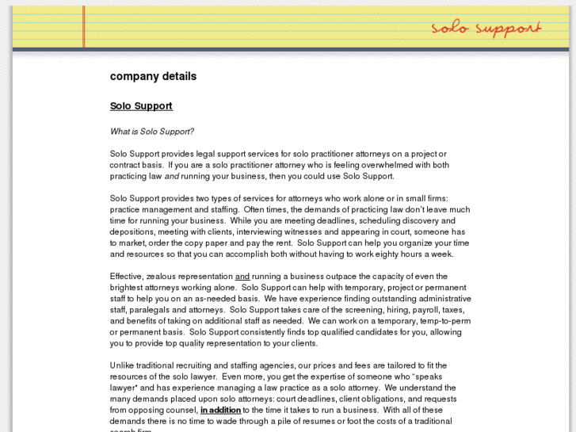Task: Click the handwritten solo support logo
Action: [x=486, y=29]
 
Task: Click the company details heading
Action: [x=153, y=77]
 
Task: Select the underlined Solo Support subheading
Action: [x=141, y=105]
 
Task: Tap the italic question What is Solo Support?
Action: [x=151, y=132]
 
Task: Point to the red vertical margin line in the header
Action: [x=83, y=27]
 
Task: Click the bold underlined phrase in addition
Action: [x=220, y=410]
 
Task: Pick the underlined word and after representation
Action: [x=243, y=276]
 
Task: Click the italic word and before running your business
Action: [x=171, y=176]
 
